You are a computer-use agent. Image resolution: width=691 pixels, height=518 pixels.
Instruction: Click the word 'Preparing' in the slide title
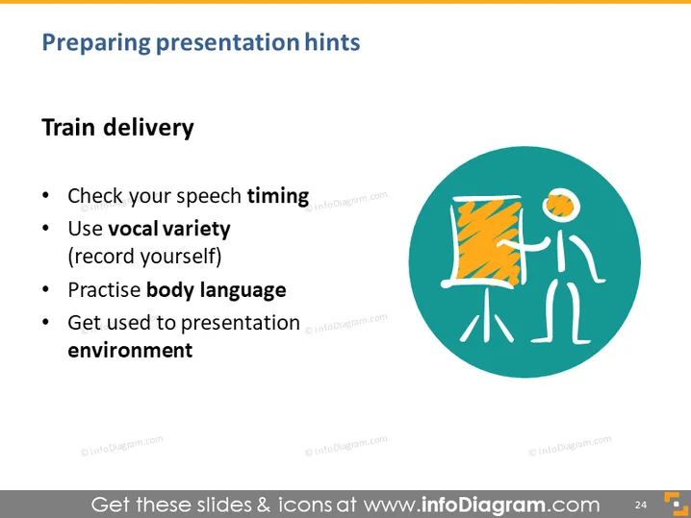[x=96, y=43]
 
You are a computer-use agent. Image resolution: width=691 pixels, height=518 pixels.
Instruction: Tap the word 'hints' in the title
[x=332, y=42]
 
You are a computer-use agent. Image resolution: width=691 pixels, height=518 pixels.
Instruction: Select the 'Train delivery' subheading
[x=117, y=128]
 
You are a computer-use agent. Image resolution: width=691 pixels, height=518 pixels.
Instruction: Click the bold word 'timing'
[x=277, y=196]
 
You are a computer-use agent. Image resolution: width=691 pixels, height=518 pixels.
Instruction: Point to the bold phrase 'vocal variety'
[x=169, y=230]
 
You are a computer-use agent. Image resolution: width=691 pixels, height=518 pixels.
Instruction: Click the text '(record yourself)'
[x=144, y=257]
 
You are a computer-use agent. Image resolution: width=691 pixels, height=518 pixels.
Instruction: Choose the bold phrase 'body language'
[x=216, y=290]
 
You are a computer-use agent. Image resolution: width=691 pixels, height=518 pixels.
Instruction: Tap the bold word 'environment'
[x=130, y=351]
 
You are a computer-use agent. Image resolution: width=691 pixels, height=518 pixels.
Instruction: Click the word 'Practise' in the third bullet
[x=104, y=290]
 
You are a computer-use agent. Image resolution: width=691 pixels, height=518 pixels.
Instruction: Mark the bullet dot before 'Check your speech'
[x=45, y=195]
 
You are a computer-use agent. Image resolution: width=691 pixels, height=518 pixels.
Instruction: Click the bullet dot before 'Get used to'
[x=45, y=322]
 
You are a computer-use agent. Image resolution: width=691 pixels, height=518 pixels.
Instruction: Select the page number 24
[x=641, y=505]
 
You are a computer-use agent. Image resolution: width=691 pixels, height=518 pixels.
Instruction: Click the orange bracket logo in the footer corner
[x=676, y=504]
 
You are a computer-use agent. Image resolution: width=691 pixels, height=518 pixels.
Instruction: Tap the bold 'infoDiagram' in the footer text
[x=483, y=505]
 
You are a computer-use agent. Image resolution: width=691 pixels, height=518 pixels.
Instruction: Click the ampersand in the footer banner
[x=263, y=505]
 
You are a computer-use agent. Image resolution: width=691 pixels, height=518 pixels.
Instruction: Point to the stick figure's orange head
[x=559, y=204]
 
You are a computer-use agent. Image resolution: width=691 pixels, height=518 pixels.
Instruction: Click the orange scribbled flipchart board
[x=487, y=241]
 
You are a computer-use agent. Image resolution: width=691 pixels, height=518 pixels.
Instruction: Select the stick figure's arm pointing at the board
[x=525, y=245]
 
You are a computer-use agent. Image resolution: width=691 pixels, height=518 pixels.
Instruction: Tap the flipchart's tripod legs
[x=487, y=316]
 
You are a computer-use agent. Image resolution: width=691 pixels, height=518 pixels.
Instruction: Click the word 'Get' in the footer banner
[x=111, y=505]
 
